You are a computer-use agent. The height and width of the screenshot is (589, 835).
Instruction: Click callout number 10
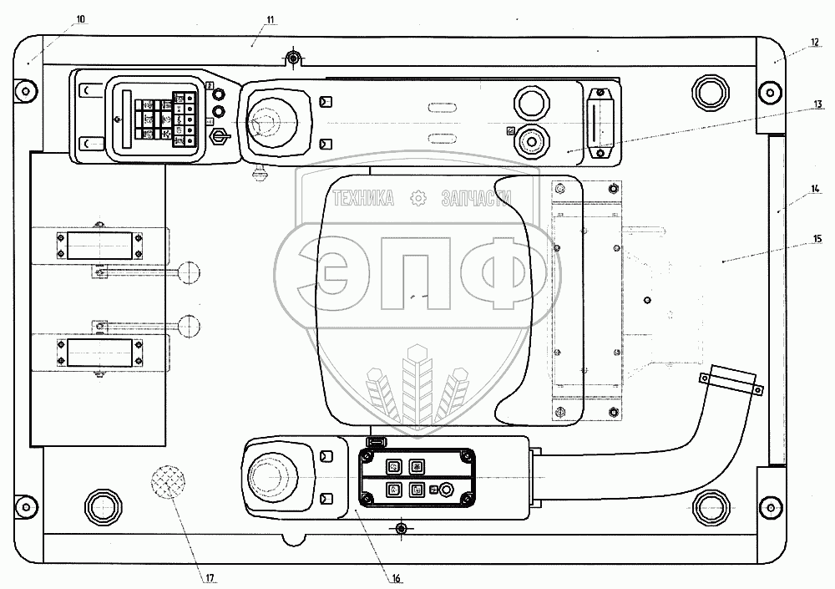tap(79, 18)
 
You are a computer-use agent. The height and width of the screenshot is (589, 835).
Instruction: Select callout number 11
tap(270, 18)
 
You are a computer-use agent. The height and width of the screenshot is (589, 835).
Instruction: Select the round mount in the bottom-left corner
tap(103, 505)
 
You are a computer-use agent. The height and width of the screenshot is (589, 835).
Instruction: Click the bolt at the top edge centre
tap(291, 57)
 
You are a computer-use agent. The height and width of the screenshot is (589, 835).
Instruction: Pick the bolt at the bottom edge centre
tap(402, 528)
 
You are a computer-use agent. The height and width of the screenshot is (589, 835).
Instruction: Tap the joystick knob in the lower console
tap(269, 474)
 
